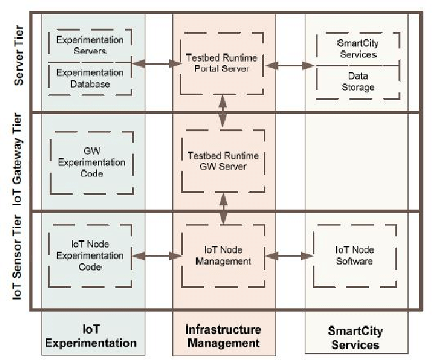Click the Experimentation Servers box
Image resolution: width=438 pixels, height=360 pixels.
point(91,45)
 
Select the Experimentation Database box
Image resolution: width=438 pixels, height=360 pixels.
point(91,78)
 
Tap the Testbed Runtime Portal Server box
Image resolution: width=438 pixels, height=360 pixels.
point(223,63)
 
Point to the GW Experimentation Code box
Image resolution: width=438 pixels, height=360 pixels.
point(91,162)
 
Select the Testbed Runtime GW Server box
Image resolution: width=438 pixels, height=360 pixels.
point(223,161)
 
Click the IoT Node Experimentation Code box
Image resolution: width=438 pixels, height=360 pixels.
point(91,256)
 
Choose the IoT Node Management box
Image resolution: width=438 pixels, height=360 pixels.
point(223,256)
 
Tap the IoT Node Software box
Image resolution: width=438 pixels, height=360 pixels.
point(355,256)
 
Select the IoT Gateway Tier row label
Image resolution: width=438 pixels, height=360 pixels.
point(20,161)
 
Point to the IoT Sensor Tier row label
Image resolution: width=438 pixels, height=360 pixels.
point(20,261)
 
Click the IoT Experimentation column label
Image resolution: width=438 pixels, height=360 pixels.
point(92,336)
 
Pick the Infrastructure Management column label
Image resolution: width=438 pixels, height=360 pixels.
point(223,336)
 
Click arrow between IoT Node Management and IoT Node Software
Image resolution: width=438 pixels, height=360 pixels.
point(288,256)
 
